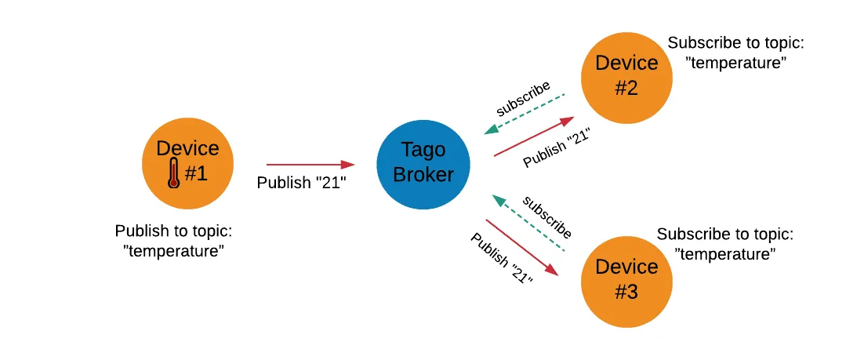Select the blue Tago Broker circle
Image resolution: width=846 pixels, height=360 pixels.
pos(423,162)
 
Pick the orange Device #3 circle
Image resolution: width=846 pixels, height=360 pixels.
pos(626,280)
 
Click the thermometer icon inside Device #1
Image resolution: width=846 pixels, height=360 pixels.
pos(173,173)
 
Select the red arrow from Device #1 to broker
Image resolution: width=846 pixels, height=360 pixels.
pos(310,165)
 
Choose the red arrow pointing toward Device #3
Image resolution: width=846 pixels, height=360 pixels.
pos(521,247)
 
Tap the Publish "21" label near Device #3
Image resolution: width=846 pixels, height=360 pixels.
pos(502,259)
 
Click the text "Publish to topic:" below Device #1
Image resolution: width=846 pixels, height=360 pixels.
pos(174,231)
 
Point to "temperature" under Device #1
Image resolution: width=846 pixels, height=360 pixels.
pos(174,251)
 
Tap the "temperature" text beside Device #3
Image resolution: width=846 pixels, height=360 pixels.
pos(725,253)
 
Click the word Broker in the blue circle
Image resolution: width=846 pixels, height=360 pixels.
pos(423,174)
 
